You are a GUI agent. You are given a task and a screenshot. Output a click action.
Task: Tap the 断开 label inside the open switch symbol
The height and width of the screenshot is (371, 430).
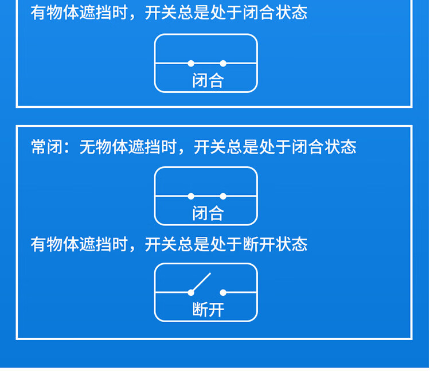(208, 310)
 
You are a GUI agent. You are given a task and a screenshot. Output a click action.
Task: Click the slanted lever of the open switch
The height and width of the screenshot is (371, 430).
(201, 282)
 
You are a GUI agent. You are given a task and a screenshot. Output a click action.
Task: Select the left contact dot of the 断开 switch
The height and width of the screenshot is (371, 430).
(191, 292)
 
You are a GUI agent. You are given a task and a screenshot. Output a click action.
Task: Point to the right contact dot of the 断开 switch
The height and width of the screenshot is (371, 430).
(223, 292)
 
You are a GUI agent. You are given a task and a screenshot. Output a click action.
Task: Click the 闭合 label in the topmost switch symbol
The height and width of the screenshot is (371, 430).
(208, 81)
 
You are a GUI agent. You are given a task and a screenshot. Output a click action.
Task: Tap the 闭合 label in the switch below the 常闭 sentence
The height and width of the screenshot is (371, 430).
(208, 214)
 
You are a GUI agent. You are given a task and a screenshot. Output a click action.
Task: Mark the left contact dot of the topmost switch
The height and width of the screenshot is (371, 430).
(191, 64)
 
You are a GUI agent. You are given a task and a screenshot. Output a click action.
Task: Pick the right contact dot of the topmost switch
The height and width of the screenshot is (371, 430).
(223, 64)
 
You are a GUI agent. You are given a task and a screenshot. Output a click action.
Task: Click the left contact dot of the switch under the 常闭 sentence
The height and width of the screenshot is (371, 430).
(191, 196)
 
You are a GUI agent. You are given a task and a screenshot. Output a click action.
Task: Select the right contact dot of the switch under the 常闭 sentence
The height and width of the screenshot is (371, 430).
(223, 196)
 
